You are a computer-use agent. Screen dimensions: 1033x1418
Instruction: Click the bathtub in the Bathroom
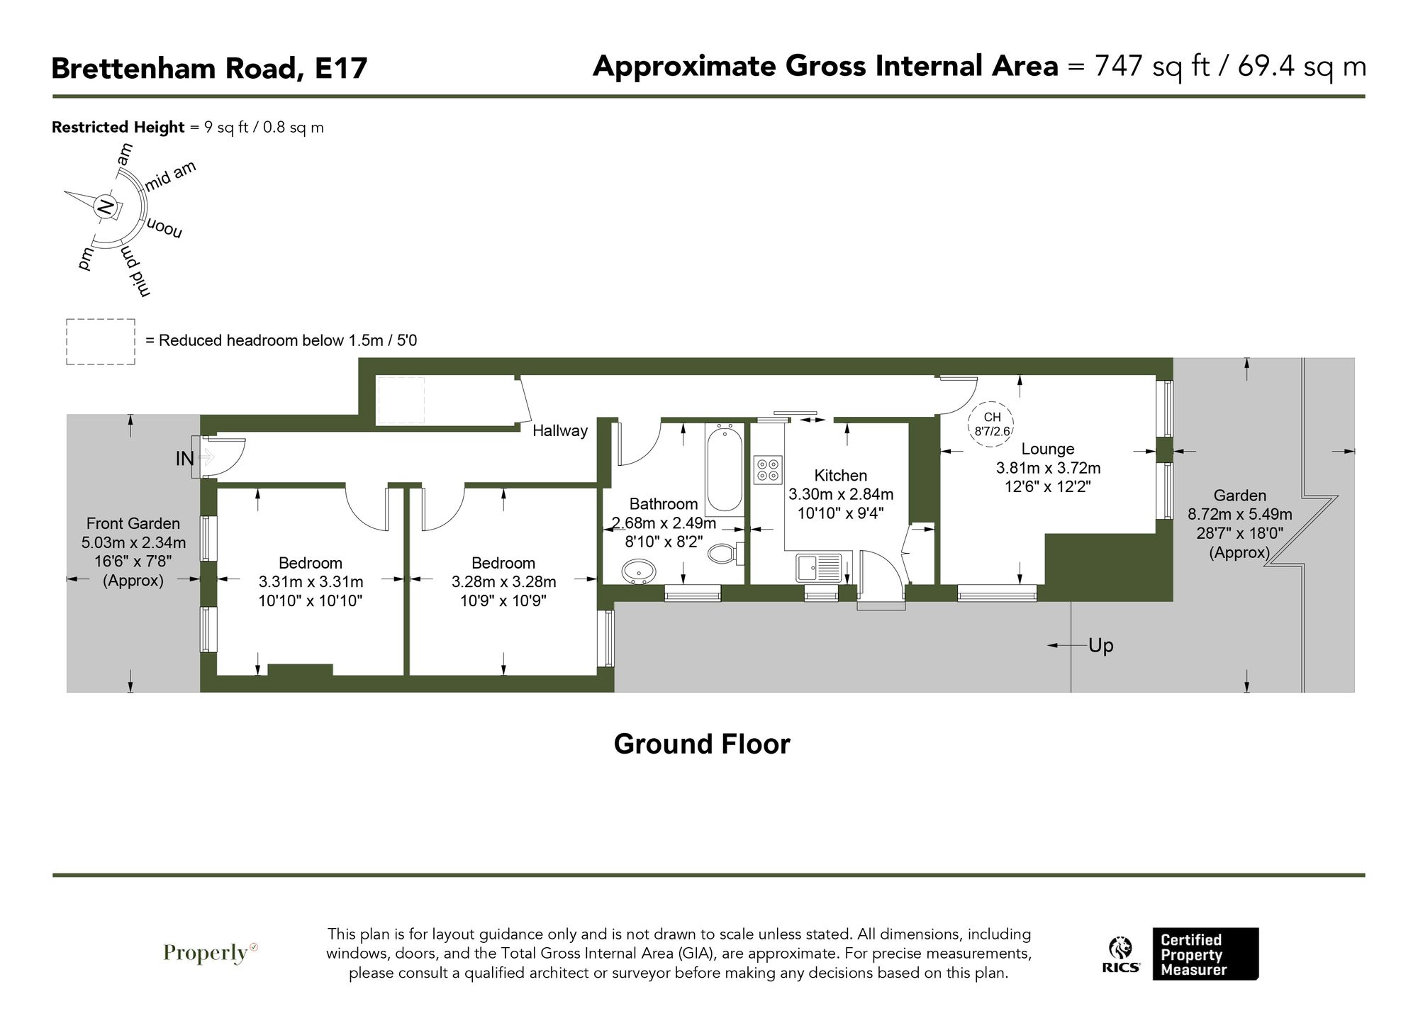pos(724,468)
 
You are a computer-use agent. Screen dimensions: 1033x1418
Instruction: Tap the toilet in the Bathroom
pos(725,553)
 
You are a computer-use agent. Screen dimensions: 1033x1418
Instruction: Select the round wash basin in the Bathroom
pos(639,571)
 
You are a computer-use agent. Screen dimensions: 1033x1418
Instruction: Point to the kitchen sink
pos(818,568)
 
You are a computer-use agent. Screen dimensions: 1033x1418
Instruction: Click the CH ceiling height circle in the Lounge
pos(991,424)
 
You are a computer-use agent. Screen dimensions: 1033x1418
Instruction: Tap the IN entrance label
pos(184,459)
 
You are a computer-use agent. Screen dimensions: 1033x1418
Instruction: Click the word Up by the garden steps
pos(1100,645)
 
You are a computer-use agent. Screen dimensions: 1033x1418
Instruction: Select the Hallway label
pos(560,430)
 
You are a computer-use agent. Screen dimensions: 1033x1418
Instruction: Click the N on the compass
pos(105,207)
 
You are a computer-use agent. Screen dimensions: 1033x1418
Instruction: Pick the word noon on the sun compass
pos(164,229)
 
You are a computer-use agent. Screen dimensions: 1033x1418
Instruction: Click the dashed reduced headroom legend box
pos(101,342)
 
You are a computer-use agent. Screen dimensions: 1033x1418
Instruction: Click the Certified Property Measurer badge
pos(1205,954)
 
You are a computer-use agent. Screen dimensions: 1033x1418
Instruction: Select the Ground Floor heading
pos(701,744)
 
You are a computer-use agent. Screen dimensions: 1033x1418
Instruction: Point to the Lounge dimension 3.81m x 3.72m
pos(1048,468)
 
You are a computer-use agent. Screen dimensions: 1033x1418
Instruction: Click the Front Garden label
pos(133,523)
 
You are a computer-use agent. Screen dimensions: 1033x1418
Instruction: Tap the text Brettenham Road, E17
pos(209,69)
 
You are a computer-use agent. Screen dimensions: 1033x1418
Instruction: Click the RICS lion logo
pos(1120,950)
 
